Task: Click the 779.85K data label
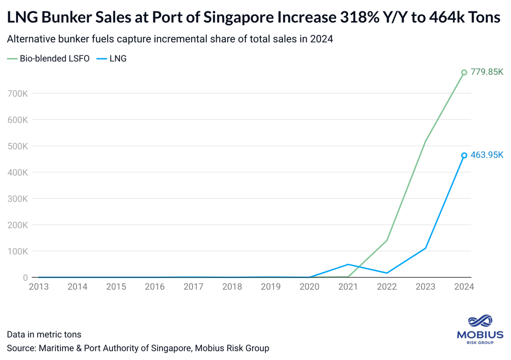[x=488, y=72]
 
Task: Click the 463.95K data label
[x=488, y=155]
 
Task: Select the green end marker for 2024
[x=464, y=72]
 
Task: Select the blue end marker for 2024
[x=464, y=155]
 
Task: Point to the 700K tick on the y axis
[x=17, y=94]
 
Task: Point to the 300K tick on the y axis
[x=17, y=199]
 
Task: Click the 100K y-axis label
[x=17, y=251]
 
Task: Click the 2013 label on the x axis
[x=39, y=286]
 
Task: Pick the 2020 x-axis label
[x=310, y=286]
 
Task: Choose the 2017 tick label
[x=193, y=286]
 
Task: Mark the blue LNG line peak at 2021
[x=348, y=264]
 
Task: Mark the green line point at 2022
[x=387, y=240]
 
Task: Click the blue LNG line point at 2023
[x=426, y=248]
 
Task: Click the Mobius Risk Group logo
[x=480, y=329]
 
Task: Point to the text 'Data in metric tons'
[x=44, y=334]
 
